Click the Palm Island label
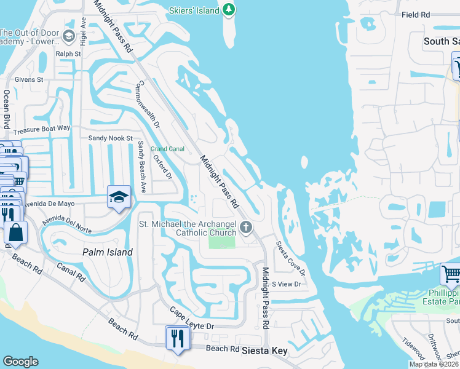pos(108,252)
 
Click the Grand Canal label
pos(168,149)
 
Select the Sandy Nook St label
pos(111,138)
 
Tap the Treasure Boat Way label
pos(42,129)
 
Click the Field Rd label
pos(416,15)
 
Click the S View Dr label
pos(287,284)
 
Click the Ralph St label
pos(68,54)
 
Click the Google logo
pos(20,362)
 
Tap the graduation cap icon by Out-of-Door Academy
pos(69,37)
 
